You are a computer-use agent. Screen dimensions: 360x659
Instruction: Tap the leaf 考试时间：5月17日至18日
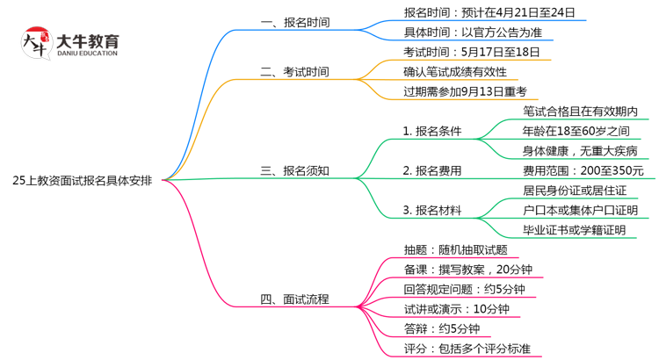click(471, 52)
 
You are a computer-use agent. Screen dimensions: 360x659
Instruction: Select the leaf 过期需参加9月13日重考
click(465, 90)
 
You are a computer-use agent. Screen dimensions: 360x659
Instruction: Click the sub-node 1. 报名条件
click(432, 132)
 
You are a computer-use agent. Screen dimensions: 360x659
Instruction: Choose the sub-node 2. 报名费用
click(432, 170)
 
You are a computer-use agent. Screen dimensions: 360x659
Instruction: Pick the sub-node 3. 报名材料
click(432, 210)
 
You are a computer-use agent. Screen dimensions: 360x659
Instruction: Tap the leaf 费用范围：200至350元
click(583, 170)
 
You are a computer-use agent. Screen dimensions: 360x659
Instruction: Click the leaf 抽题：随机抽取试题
click(455, 249)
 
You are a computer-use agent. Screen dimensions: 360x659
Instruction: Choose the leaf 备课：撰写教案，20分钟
click(469, 270)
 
